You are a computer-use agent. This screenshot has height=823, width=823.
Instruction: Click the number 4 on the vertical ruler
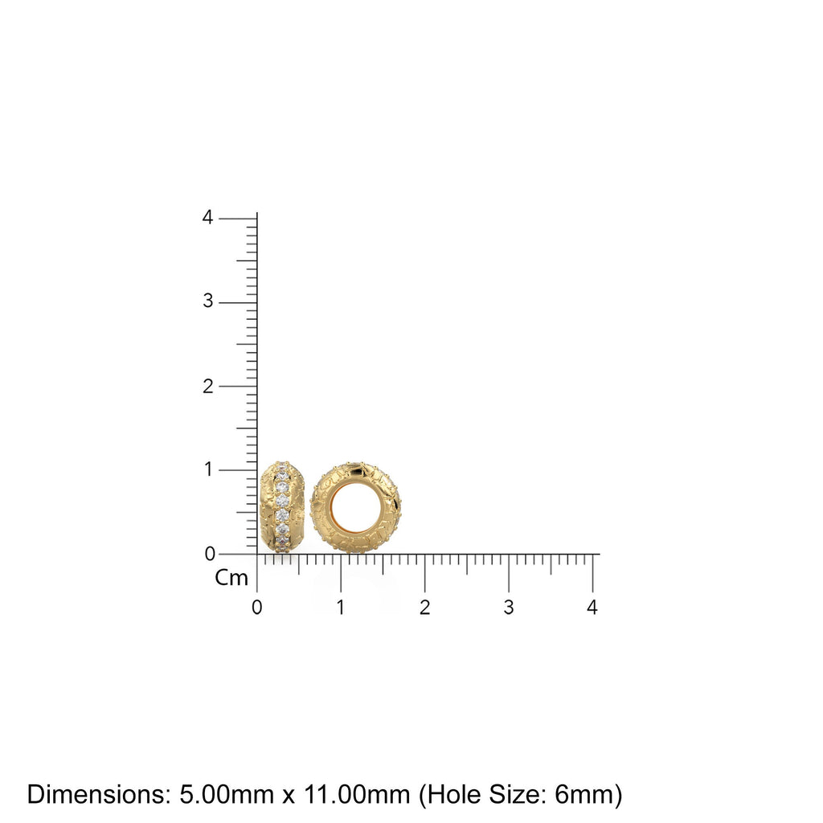208,218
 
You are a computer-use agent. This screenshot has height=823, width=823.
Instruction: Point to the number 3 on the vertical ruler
208,301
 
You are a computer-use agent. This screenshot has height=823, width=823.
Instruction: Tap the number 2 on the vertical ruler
208,386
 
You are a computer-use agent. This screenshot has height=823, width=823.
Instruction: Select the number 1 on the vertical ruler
209,469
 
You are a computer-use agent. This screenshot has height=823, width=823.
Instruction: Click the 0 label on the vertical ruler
209,553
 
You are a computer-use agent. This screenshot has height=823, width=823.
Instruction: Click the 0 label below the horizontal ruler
256,608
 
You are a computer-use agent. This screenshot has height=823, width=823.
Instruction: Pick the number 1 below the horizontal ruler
341,608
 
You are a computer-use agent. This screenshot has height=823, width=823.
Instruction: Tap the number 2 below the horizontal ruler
424,608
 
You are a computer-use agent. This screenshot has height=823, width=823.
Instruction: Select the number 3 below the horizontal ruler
508,608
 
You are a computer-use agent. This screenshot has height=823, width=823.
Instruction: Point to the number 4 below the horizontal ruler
592,608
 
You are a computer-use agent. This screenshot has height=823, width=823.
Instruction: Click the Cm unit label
231,578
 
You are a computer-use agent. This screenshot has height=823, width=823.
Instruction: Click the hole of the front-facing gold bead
356,508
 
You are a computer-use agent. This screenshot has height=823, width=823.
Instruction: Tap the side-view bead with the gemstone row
281,507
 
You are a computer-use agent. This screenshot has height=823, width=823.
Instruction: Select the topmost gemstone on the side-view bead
281,466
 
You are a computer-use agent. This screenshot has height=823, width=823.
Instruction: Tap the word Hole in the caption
453,795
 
